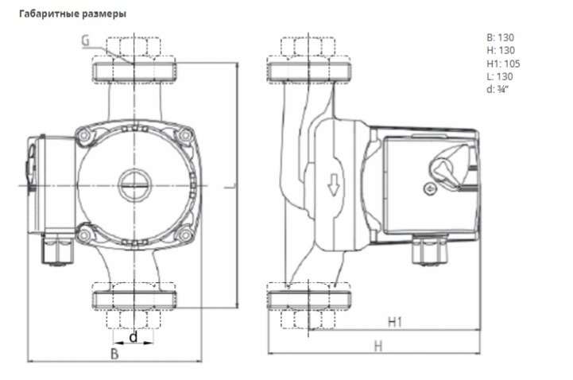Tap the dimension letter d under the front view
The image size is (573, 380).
pyautogui.click(x=133, y=337)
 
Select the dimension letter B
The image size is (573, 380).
pyautogui.click(x=114, y=355)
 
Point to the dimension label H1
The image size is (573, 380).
pyautogui.click(x=396, y=322)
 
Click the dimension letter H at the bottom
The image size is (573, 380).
pyautogui.click(x=378, y=346)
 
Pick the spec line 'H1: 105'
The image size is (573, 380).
pyautogui.click(x=503, y=64)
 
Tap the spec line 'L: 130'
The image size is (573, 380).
pyautogui.click(x=499, y=76)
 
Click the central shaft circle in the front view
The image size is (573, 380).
pyautogui.click(x=133, y=185)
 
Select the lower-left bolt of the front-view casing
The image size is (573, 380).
pyautogui.click(x=83, y=233)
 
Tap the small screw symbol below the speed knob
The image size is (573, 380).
pyautogui.click(x=430, y=191)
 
